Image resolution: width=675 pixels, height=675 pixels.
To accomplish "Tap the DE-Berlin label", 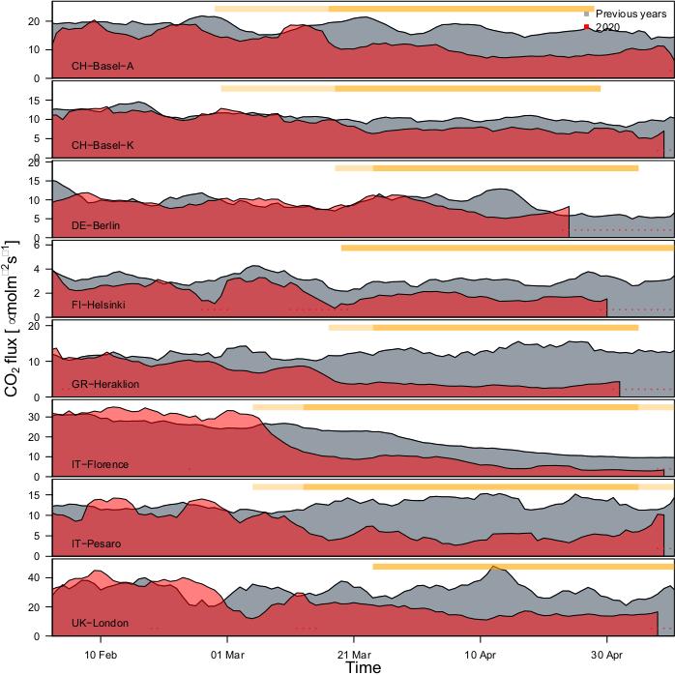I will pyautogui.click(x=96, y=225).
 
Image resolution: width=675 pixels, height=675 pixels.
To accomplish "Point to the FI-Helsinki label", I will pyautogui.click(x=99, y=306).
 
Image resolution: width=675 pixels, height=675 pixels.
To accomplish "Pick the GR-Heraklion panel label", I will pyautogui.click(x=105, y=385).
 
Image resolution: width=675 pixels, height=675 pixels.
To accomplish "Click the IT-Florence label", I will pyautogui.click(x=100, y=465).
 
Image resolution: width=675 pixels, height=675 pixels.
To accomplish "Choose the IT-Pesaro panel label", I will pyautogui.click(x=96, y=544).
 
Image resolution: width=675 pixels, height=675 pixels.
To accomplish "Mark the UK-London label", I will pyautogui.click(x=100, y=624).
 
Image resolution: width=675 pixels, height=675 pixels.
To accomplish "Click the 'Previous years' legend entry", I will pyautogui.click(x=631, y=15).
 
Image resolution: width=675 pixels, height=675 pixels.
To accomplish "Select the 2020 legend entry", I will pyautogui.click(x=608, y=27).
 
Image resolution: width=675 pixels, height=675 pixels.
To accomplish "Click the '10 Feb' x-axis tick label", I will pyautogui.click(x=101, y=653).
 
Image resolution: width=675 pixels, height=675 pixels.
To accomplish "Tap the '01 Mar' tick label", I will pyautogui.click(x=227, y=653).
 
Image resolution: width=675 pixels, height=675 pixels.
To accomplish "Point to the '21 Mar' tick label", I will pyautogui.click(x=354, y=653).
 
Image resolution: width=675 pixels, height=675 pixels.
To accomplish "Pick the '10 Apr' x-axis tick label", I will pyautogui.click(x=481, y=653).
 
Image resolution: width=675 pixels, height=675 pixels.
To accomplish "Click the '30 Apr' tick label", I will pyautogui.click(x=607, y=653).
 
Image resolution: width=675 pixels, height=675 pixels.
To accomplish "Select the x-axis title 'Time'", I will pyautogui.click(x=364, y=666).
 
